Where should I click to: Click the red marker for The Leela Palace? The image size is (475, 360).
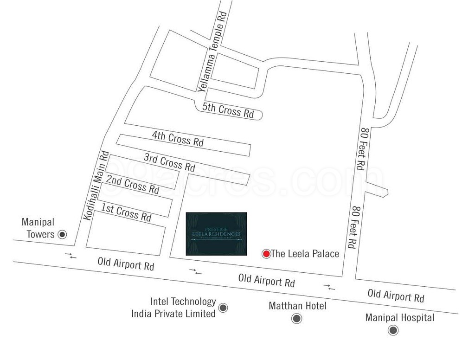click(x=266, y=254)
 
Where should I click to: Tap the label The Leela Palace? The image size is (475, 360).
click(x=305, y=254)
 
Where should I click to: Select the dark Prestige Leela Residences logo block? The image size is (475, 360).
click(x=216, y=234)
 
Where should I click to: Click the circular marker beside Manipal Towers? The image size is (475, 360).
click(x=62, y=234)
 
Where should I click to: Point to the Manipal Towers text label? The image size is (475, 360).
click(x=38, y=228)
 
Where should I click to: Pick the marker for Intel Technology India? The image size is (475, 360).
click(x=223, y=307)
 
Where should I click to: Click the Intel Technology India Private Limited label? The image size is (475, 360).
click(x=173, y=308)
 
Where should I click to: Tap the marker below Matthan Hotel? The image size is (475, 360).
click(x=296, y=319)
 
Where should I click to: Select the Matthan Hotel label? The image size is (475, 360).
click(x=297, y=306)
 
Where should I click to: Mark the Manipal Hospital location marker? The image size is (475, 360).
click(x=393, y=330)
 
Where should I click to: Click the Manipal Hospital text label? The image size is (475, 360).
click(x=399, y=318)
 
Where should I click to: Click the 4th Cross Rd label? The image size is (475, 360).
click(x=178, y=139)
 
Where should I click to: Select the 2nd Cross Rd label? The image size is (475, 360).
click(x=133, y=184)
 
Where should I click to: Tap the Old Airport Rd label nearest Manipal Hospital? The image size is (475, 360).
click(x=396, y=295)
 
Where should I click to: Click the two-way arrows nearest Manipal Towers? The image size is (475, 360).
click(x=71, y=255)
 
